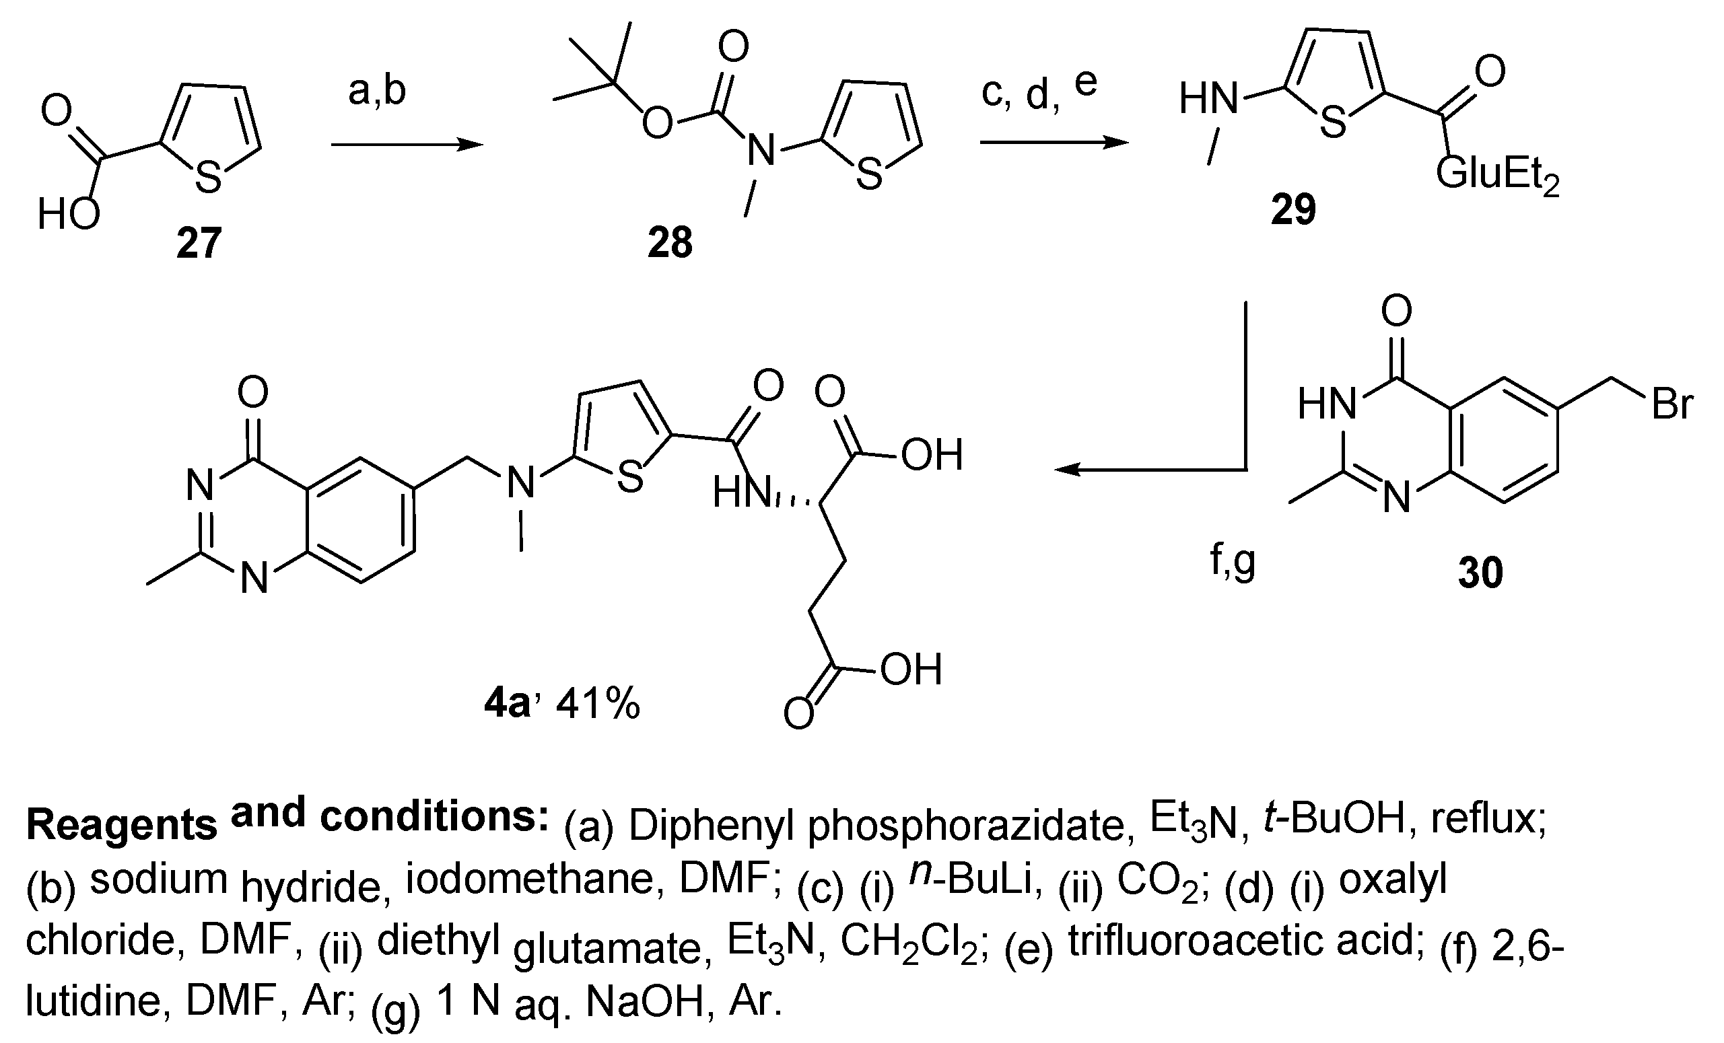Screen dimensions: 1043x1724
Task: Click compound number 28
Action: click(x=670, y=244)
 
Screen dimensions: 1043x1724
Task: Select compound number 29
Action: click(x=1293, y=210)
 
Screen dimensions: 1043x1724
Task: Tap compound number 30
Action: click(x=1480, y=573)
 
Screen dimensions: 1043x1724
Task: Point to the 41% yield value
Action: click(x=598, y=705)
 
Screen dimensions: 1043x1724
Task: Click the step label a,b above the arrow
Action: click(x=376, y=92)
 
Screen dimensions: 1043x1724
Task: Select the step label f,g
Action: click(x=1232, y=561)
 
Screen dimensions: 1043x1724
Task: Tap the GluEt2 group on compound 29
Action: click(x=1497, y=175)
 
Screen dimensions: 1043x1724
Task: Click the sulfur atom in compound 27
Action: click(x=208, y=176)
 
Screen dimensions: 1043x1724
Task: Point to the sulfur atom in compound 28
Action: click(x=868, y=174)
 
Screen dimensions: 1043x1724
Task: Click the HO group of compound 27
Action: click(x=68, y=214)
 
